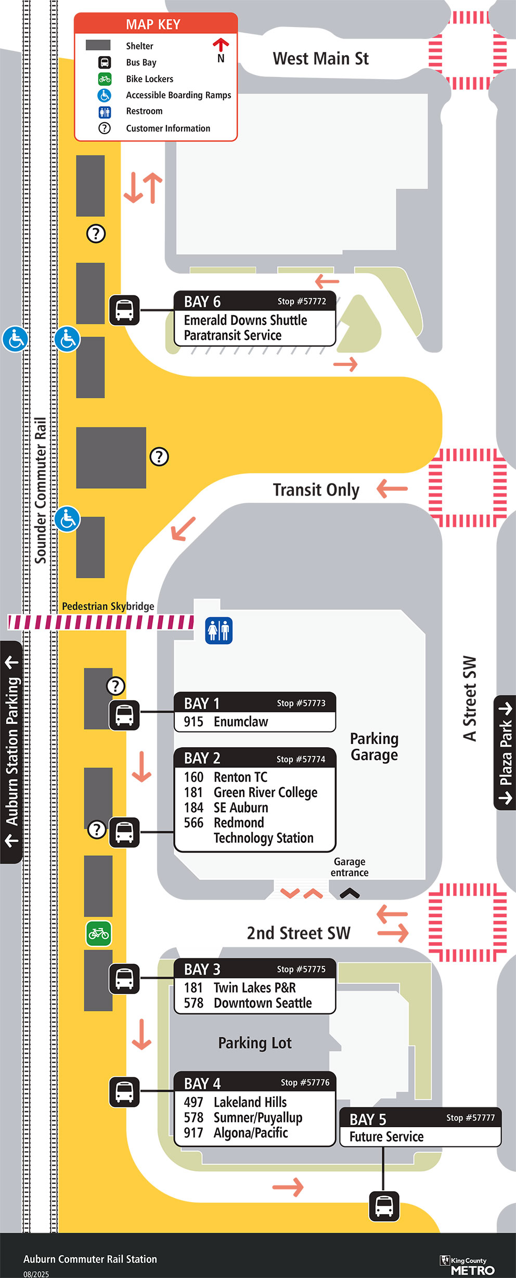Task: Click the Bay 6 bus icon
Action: tap(124, 310)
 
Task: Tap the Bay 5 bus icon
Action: tap(384, 1206)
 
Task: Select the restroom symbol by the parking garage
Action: tap(218, 630)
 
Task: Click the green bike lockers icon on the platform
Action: tap(99, 934)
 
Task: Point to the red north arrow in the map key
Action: tap(221, 45)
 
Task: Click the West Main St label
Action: tap(320, 59)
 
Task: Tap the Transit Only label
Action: tap(316, 490)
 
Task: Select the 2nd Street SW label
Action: tap(299, 933)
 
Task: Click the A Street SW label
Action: tap(470, 698)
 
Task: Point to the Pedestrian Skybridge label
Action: tap(108, 606)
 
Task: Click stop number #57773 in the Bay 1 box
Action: tap(301, 703)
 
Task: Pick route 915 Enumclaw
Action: tap(226, 722)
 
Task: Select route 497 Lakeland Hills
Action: tap(235, 1102)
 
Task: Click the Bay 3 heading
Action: tap(202, 970)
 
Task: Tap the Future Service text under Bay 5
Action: tap(386, 1137)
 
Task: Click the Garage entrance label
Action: tap(350, 867)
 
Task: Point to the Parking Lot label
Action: tap(255, 1043)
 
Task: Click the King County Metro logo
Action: tap(467, 1266)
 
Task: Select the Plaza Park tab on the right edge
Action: tap(505, 752)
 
